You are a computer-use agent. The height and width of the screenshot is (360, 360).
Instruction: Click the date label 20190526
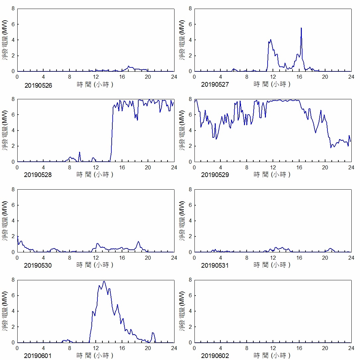coord(38,85)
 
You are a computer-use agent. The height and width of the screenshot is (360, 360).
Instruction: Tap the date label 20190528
coord(38,175)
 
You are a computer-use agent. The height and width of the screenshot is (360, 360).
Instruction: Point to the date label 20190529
coord(215,175)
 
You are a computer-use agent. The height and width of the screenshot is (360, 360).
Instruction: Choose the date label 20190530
coord(38,266)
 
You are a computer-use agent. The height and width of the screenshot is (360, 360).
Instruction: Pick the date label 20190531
coord(215,266)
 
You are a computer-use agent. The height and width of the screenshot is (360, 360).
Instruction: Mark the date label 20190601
coord(38,356)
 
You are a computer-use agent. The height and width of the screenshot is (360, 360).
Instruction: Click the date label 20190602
coord(215,356)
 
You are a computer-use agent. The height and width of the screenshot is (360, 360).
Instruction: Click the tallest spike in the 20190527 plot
coord(301,28)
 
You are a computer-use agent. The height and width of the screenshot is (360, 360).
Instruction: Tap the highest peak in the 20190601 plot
coord(104,281)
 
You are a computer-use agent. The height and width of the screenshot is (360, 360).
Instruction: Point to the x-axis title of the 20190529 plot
coord(272,174)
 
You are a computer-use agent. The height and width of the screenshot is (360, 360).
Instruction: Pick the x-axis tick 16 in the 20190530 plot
coord(122,258)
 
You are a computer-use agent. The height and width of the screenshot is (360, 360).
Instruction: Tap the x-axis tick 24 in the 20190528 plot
coord(174,167)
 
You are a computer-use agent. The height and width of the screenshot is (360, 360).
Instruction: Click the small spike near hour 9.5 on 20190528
coord(79,152)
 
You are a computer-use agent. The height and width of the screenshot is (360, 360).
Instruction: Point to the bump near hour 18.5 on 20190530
coord(138,242)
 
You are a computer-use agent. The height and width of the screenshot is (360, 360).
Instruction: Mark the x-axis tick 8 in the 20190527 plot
coord(247,77)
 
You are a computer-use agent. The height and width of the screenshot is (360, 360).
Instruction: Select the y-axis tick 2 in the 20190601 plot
coord(13,327)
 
